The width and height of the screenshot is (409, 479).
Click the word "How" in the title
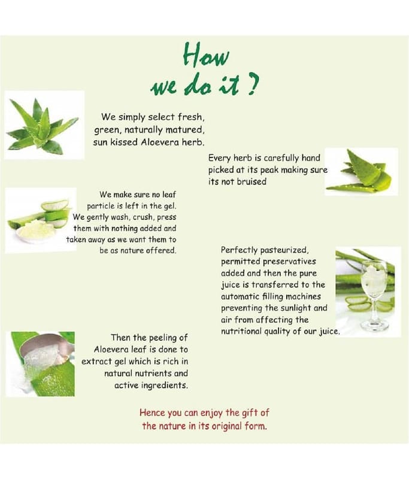(x=205, y=55)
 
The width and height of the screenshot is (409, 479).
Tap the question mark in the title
(x=253, y=85)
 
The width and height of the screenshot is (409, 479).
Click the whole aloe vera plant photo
(x=44, y=125)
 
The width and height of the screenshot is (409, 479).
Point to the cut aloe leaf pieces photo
(x=361, y=171)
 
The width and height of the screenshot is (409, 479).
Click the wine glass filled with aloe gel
(x=374, y=295)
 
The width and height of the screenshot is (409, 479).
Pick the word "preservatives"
(x=284, y=262)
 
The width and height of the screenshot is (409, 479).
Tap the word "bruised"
(x=252, y=181)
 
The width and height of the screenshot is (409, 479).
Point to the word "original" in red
(x=224, y=426)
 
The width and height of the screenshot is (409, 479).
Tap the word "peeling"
(x=163, y=338)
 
